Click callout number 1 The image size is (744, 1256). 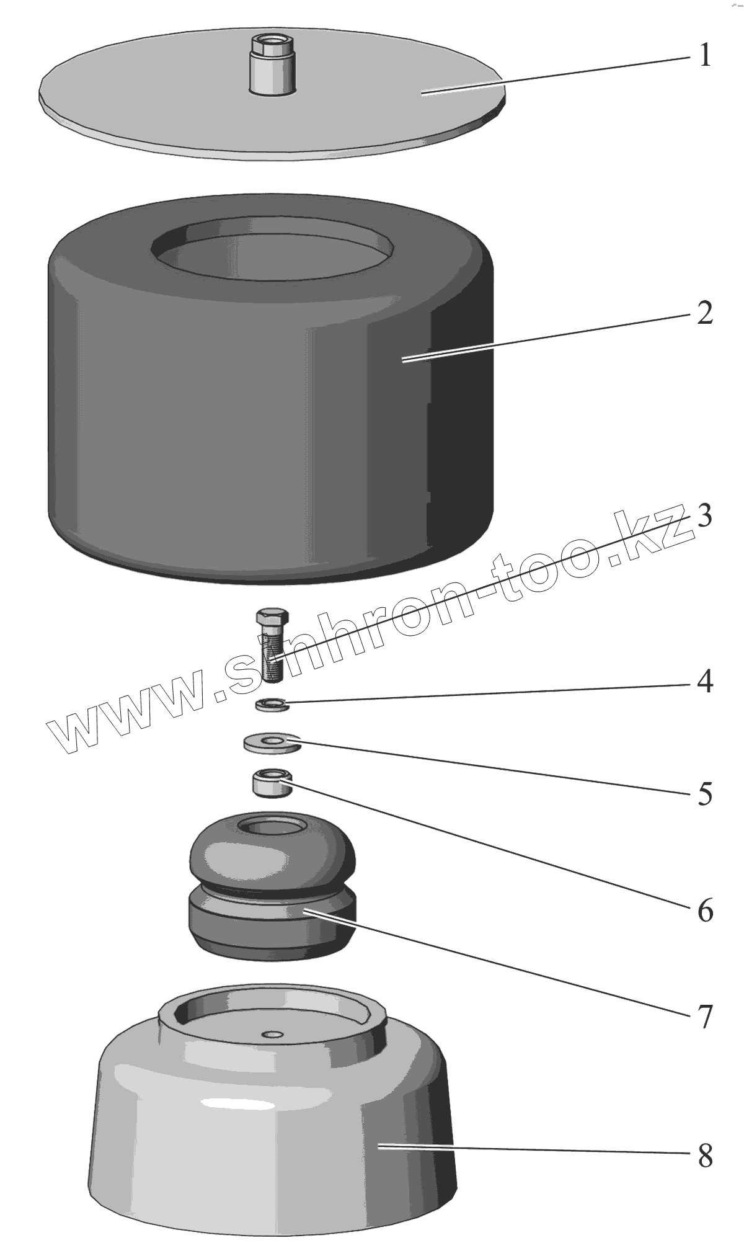tap(704, 56)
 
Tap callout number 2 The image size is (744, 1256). tap(704, 314)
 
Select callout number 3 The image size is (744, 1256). tap(704, 516)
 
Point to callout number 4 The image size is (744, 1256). tap(704, 682)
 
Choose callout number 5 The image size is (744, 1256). tap(705, 795)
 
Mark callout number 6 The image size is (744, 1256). tap(705, 911)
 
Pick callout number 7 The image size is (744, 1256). tap(705, 1017)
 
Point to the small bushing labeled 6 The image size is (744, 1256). tap(272, 783)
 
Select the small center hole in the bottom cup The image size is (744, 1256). tap(272, 1034)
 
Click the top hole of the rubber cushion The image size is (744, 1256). tap(272, 826)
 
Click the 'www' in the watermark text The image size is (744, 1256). tap(124, 719)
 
